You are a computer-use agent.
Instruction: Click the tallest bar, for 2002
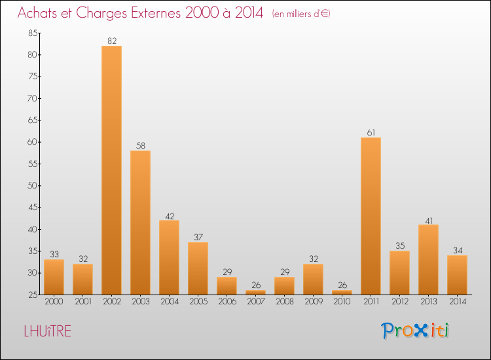pos(111,170)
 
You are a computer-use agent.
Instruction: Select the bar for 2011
pos(371,216)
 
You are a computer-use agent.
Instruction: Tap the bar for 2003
pos(140,223)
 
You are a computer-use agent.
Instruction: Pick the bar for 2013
pos(428,259)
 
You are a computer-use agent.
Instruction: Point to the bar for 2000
pos(54,277)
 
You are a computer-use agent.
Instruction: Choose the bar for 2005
pos(198,268)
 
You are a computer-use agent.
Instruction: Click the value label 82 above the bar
pos(111,41)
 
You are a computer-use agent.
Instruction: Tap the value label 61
pos(371,133)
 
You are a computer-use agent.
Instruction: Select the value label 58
pos(140,146)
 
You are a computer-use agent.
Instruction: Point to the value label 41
pos(428,220)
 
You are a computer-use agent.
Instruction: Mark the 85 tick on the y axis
pos(33,33)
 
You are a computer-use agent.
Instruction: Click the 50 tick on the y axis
pos(33,186)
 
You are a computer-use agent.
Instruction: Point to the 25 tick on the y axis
pos(33,295)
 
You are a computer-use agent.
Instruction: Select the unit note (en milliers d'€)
pos(301,14)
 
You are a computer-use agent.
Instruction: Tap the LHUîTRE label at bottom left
pos(47,331)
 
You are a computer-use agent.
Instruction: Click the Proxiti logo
pos(415,331)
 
